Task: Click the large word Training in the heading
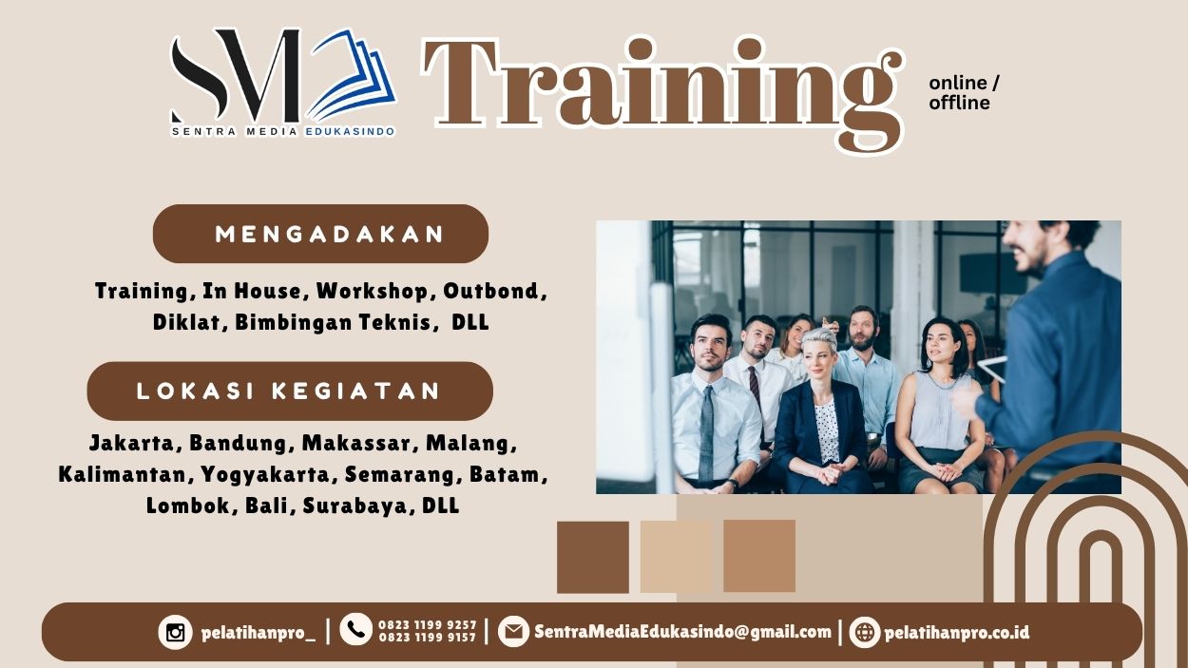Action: pyautogui.click(x=661, y=86)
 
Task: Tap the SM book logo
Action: pyautogui.click(x=282, y=81)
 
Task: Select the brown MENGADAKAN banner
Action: pyautogui.click(x=320, y=234)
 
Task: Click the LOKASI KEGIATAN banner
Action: pyautogui.click(x=290, y=391)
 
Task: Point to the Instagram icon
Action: pyautogui.click(x=175, y=632)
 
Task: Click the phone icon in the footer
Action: pyautogui.click(x=355, y=629)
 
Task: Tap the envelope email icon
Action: pyautogui.click(x=513, y=632)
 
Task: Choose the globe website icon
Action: pyautogui.click(x=865, y=632)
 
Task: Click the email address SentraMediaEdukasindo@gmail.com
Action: pyautogui.click(x=682, y=632)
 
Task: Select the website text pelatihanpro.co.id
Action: pyautogui.click(x=956, y=632)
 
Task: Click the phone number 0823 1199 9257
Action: pyautogui.click(x=427, y=624)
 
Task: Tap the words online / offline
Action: pyautogui.click(x=963, y=93)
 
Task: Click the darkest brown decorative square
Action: pyautogui.click(x=593, y=557)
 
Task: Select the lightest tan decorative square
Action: pyautogui.click(x=676, y=557)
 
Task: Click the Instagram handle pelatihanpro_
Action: pyautogui.click(x=258, y=632)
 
